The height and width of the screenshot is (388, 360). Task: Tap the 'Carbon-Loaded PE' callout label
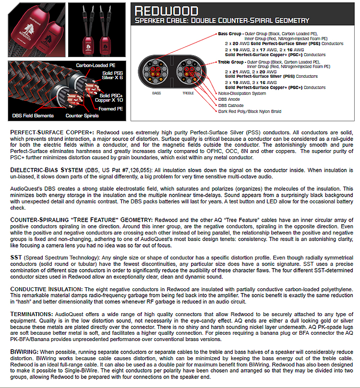[x=93, y=65]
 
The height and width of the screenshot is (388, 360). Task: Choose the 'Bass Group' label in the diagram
[x=229, y=34]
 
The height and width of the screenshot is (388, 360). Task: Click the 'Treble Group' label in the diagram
[x=231, y=62]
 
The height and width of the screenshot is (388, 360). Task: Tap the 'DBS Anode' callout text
[x=230, y=99]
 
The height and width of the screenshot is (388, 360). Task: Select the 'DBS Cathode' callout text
[x=232, y=105]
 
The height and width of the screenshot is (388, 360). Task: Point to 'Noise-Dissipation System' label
[x=242, y=94]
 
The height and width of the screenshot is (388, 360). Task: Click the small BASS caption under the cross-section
[x=156, y=93]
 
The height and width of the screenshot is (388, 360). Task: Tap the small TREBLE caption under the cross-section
[x=188, y=93]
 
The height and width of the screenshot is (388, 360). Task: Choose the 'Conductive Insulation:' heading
[x=46, y=289]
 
